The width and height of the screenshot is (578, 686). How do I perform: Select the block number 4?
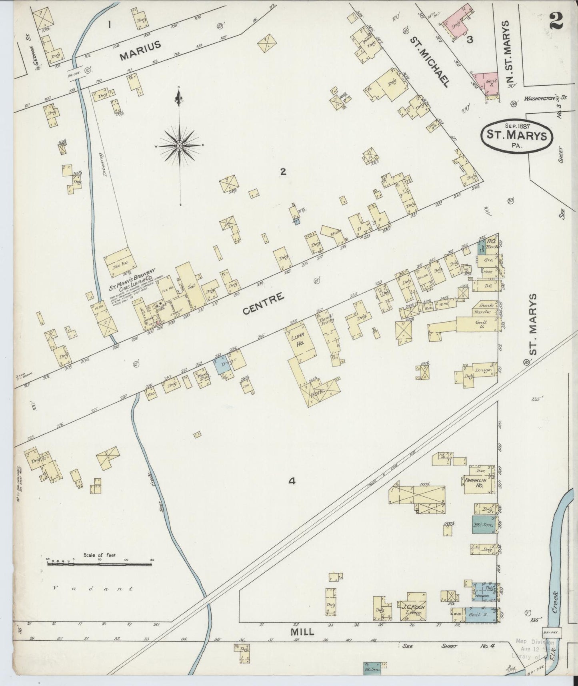click(292, 481)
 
